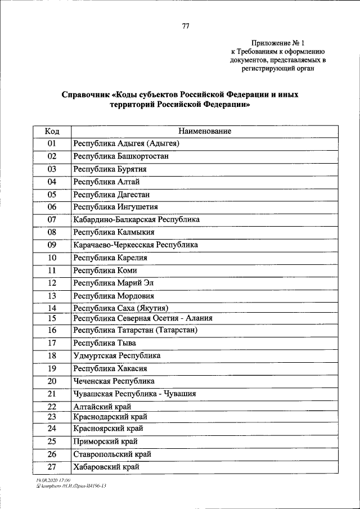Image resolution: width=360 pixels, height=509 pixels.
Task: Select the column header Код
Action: (x=52, y=131)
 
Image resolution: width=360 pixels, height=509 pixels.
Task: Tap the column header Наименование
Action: (x=205, y=131)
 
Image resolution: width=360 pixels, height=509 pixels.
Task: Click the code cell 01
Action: (x=52, y=144)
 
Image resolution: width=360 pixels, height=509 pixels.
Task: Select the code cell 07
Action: (x=52, y=219)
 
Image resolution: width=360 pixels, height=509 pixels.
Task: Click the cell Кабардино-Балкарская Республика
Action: (x=136, y=219)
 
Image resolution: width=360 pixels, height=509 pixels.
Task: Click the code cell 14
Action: (x=52, y=308)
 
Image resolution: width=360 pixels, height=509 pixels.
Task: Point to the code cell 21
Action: (x=52, y=394)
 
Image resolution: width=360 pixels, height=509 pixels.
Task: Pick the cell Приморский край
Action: (x=105, y=442)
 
